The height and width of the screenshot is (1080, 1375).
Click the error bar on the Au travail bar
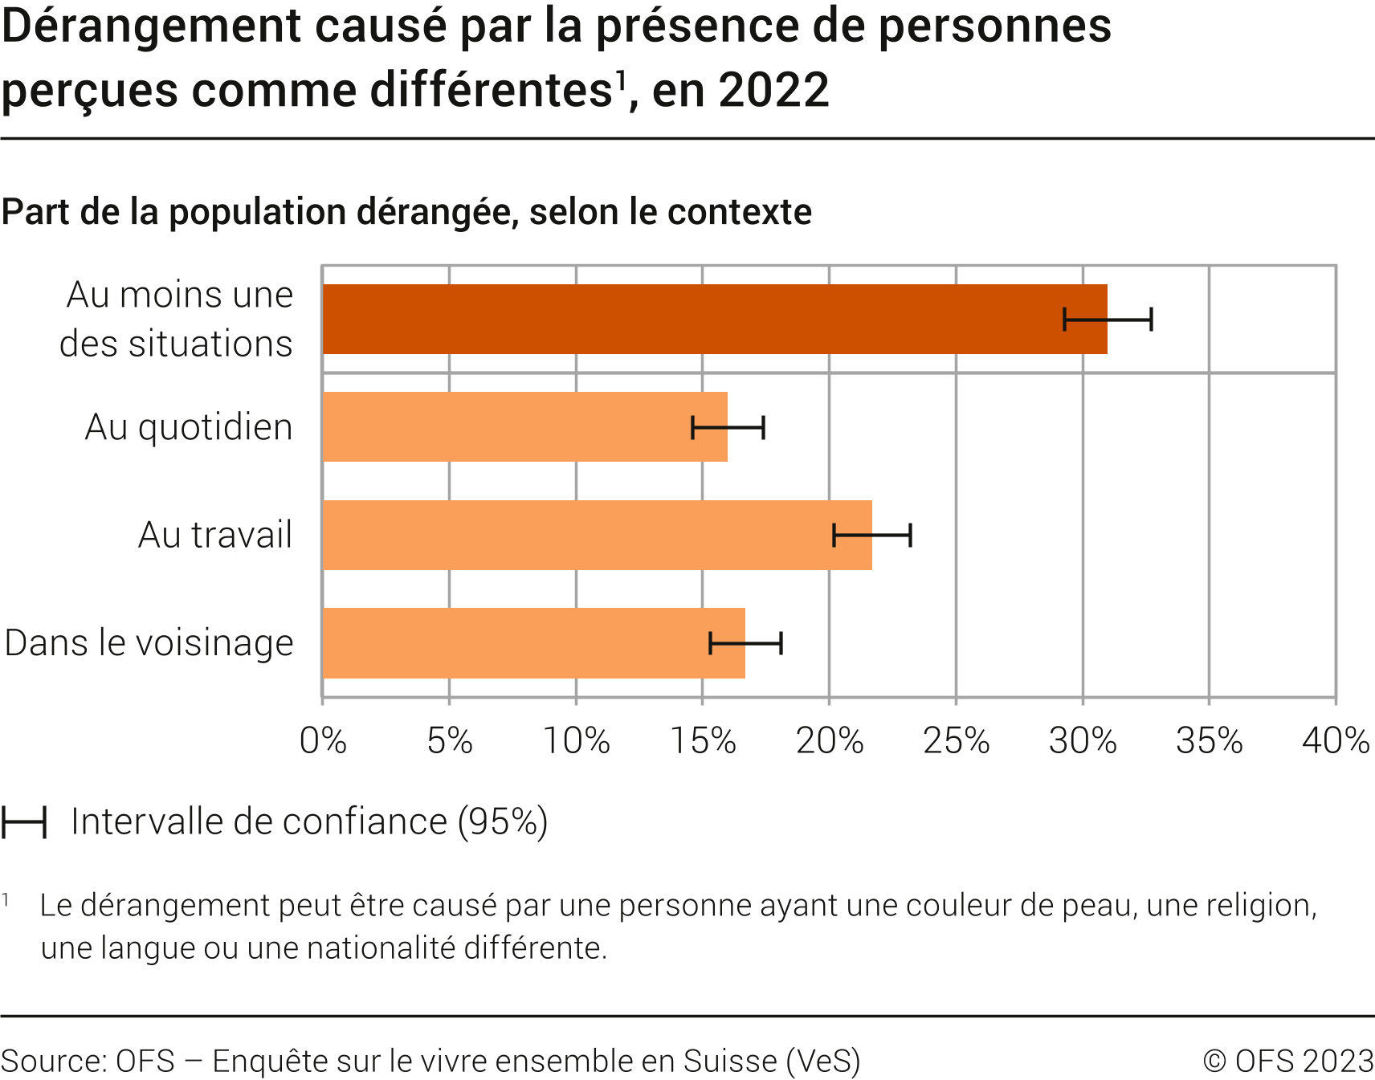(872, 535)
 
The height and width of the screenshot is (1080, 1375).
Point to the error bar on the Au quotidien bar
(728, 427)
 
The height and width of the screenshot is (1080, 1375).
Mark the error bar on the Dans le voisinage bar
(745, 643)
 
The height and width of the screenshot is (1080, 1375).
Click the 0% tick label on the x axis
(323, 740)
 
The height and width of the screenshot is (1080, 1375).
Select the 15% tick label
(703, 740)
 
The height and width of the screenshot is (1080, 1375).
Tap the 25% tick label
(956, 740)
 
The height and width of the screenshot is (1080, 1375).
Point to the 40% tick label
(1335, 740)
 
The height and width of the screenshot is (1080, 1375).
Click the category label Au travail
(214, 535)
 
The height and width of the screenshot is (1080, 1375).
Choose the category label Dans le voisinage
(149, 643)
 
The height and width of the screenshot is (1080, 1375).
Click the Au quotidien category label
(189, 427)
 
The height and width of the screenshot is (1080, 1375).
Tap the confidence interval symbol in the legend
(24, 822)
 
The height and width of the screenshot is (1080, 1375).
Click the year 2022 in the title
(773, 90)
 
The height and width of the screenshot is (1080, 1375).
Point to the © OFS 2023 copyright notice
(1288, 1061)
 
